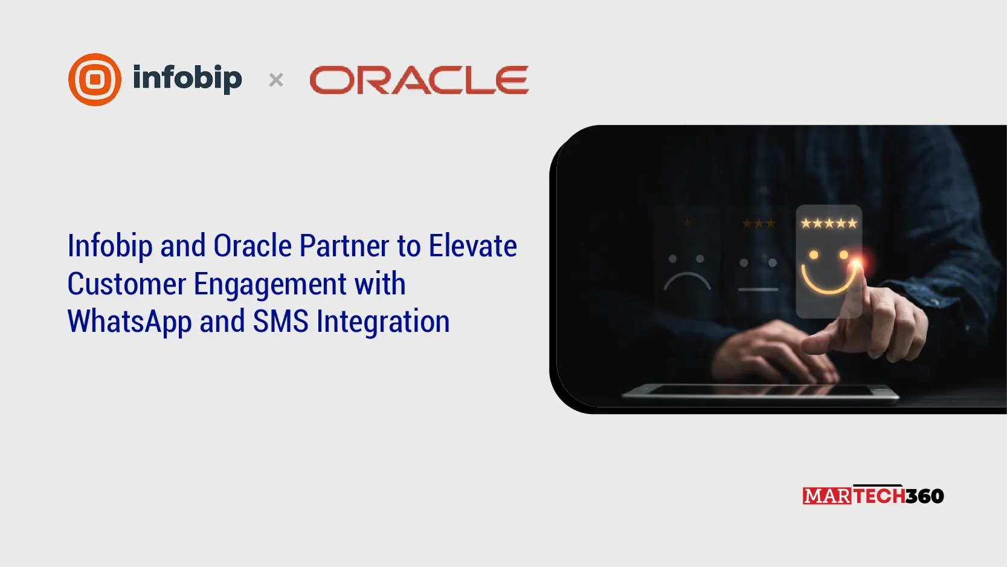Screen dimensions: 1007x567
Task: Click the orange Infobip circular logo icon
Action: pos(95,80)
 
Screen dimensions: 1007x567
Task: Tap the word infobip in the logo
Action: pos(187,79)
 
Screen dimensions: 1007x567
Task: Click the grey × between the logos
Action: pos(276,80)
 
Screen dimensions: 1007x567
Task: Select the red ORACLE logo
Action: pos(419,80)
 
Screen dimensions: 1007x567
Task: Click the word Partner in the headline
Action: pos(344,245)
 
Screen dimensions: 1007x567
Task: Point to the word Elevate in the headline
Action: pos(473,245)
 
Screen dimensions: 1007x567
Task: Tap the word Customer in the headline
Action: pos(127,284)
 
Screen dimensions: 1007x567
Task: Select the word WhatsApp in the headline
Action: pos(129,322)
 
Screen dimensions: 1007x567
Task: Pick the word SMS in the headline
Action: pos(280,322)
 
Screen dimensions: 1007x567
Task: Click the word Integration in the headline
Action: pos(383,322)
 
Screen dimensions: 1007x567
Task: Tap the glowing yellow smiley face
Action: pos(828,272)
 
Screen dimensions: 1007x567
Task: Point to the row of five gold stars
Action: pos(829,223)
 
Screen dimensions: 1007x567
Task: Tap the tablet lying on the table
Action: pos(760,392)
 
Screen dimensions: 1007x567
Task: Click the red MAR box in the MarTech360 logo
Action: pos(827,496)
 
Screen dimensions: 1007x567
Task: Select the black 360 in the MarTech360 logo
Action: pos(924,496)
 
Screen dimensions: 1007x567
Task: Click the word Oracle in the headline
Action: pos(253,245)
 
